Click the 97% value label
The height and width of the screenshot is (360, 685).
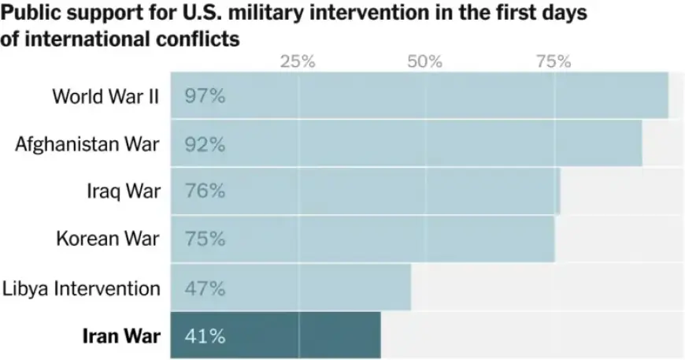205,96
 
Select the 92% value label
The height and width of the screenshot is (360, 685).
205,144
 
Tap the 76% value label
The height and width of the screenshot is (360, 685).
205,191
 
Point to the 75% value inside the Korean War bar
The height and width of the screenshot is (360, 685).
205,239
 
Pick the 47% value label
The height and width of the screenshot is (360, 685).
205,288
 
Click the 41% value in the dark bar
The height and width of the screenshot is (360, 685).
205,336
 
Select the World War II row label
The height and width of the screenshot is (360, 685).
106,96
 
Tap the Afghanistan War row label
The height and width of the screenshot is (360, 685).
87,144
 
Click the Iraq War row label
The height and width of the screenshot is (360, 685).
124,191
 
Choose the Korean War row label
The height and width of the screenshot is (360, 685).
108,239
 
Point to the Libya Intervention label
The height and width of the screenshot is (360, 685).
81,288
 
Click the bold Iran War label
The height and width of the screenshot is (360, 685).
121,336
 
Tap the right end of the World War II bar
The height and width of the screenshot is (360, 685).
666,96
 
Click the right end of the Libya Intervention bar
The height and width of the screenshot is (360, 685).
409,288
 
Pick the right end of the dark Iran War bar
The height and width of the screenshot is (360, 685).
379,336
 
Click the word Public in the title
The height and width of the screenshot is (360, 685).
29,15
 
